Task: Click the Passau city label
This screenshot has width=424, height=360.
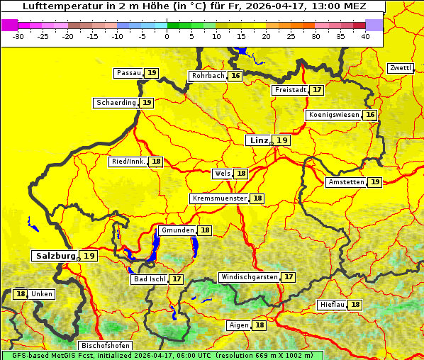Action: (x=129, y=73)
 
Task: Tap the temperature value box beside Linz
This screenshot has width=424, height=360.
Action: (x=282, y=140)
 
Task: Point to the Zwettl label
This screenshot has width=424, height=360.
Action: (x=400, y=68)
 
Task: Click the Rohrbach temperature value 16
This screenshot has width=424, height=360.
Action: (x=235, y=76)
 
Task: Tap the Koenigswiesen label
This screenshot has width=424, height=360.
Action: (x=334, y=115)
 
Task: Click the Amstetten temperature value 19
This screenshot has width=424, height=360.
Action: (x=374, y=182)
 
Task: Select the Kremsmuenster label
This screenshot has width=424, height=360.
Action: (x=219, y=198)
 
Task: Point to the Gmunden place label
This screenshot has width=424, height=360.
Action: (x=177, y=230)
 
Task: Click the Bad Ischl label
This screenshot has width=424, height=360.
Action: (x=149, y=279)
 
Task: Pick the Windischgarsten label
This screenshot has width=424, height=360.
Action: (x=249, y=277)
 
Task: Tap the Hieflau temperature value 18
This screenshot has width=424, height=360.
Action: (x=355, y=305)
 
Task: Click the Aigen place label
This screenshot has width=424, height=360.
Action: (x=238, y=325)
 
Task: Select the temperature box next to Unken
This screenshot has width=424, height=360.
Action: (x=21, y=294)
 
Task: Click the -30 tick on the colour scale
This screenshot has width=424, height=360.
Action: (x=19, y=36)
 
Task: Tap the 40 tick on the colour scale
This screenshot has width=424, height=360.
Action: (x=365, y=36)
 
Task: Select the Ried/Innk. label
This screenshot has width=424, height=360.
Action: (x=128, y=162)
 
